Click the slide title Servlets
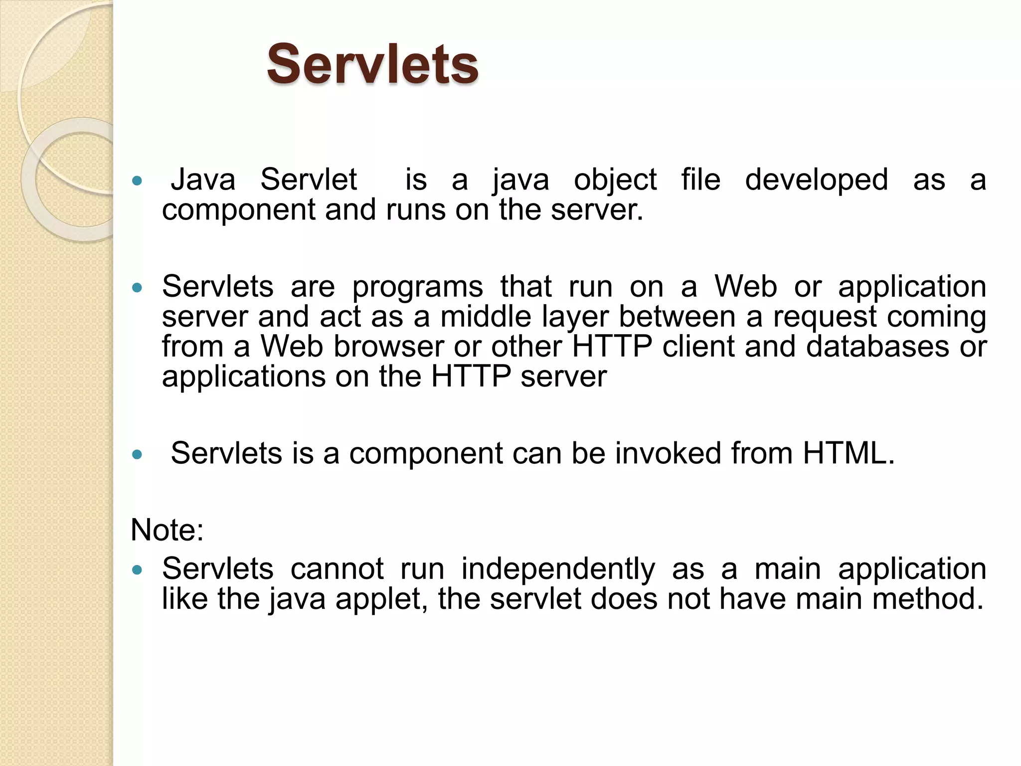coord(372,64)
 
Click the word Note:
coord(167,530)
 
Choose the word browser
coord(388,347)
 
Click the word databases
coord(877,347)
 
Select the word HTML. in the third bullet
coord(849,453)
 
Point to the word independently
coord(558,569)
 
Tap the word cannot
coord(337,569)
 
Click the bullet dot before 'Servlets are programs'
coord(137,288)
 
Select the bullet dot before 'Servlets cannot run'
coord(137,570)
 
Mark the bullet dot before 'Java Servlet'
coord(137,181)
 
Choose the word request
coord(825,318)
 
